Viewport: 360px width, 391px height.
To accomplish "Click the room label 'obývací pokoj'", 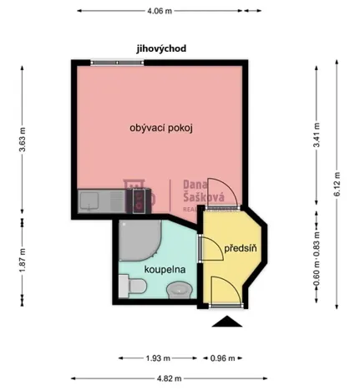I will point(161,128).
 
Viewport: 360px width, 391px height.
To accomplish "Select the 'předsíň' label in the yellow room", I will point(238,248).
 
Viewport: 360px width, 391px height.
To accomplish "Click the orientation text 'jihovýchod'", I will point(161,48).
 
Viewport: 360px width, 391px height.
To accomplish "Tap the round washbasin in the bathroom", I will point(178,291).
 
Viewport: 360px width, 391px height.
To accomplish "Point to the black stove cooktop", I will point(136,199).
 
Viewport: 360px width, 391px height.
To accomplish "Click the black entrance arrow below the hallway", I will point(226,322).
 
